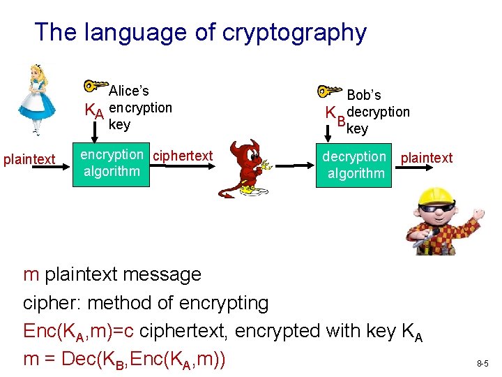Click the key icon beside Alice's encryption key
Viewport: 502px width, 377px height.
pos(96,87)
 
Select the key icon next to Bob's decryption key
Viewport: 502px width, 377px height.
pos(328,91)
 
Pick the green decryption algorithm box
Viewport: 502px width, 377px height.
pos(356,165)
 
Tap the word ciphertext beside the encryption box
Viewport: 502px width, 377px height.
pos(183,156)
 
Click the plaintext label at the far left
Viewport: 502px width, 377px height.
pos(29,159)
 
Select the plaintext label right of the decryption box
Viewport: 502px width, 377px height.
pos(427,158)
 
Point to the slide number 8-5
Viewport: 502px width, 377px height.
pos(483,364)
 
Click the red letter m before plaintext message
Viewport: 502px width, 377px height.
pos(31,274)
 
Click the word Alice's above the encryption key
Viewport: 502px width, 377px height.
pos(129,91)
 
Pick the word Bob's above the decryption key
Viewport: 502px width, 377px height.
pos(364,95)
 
